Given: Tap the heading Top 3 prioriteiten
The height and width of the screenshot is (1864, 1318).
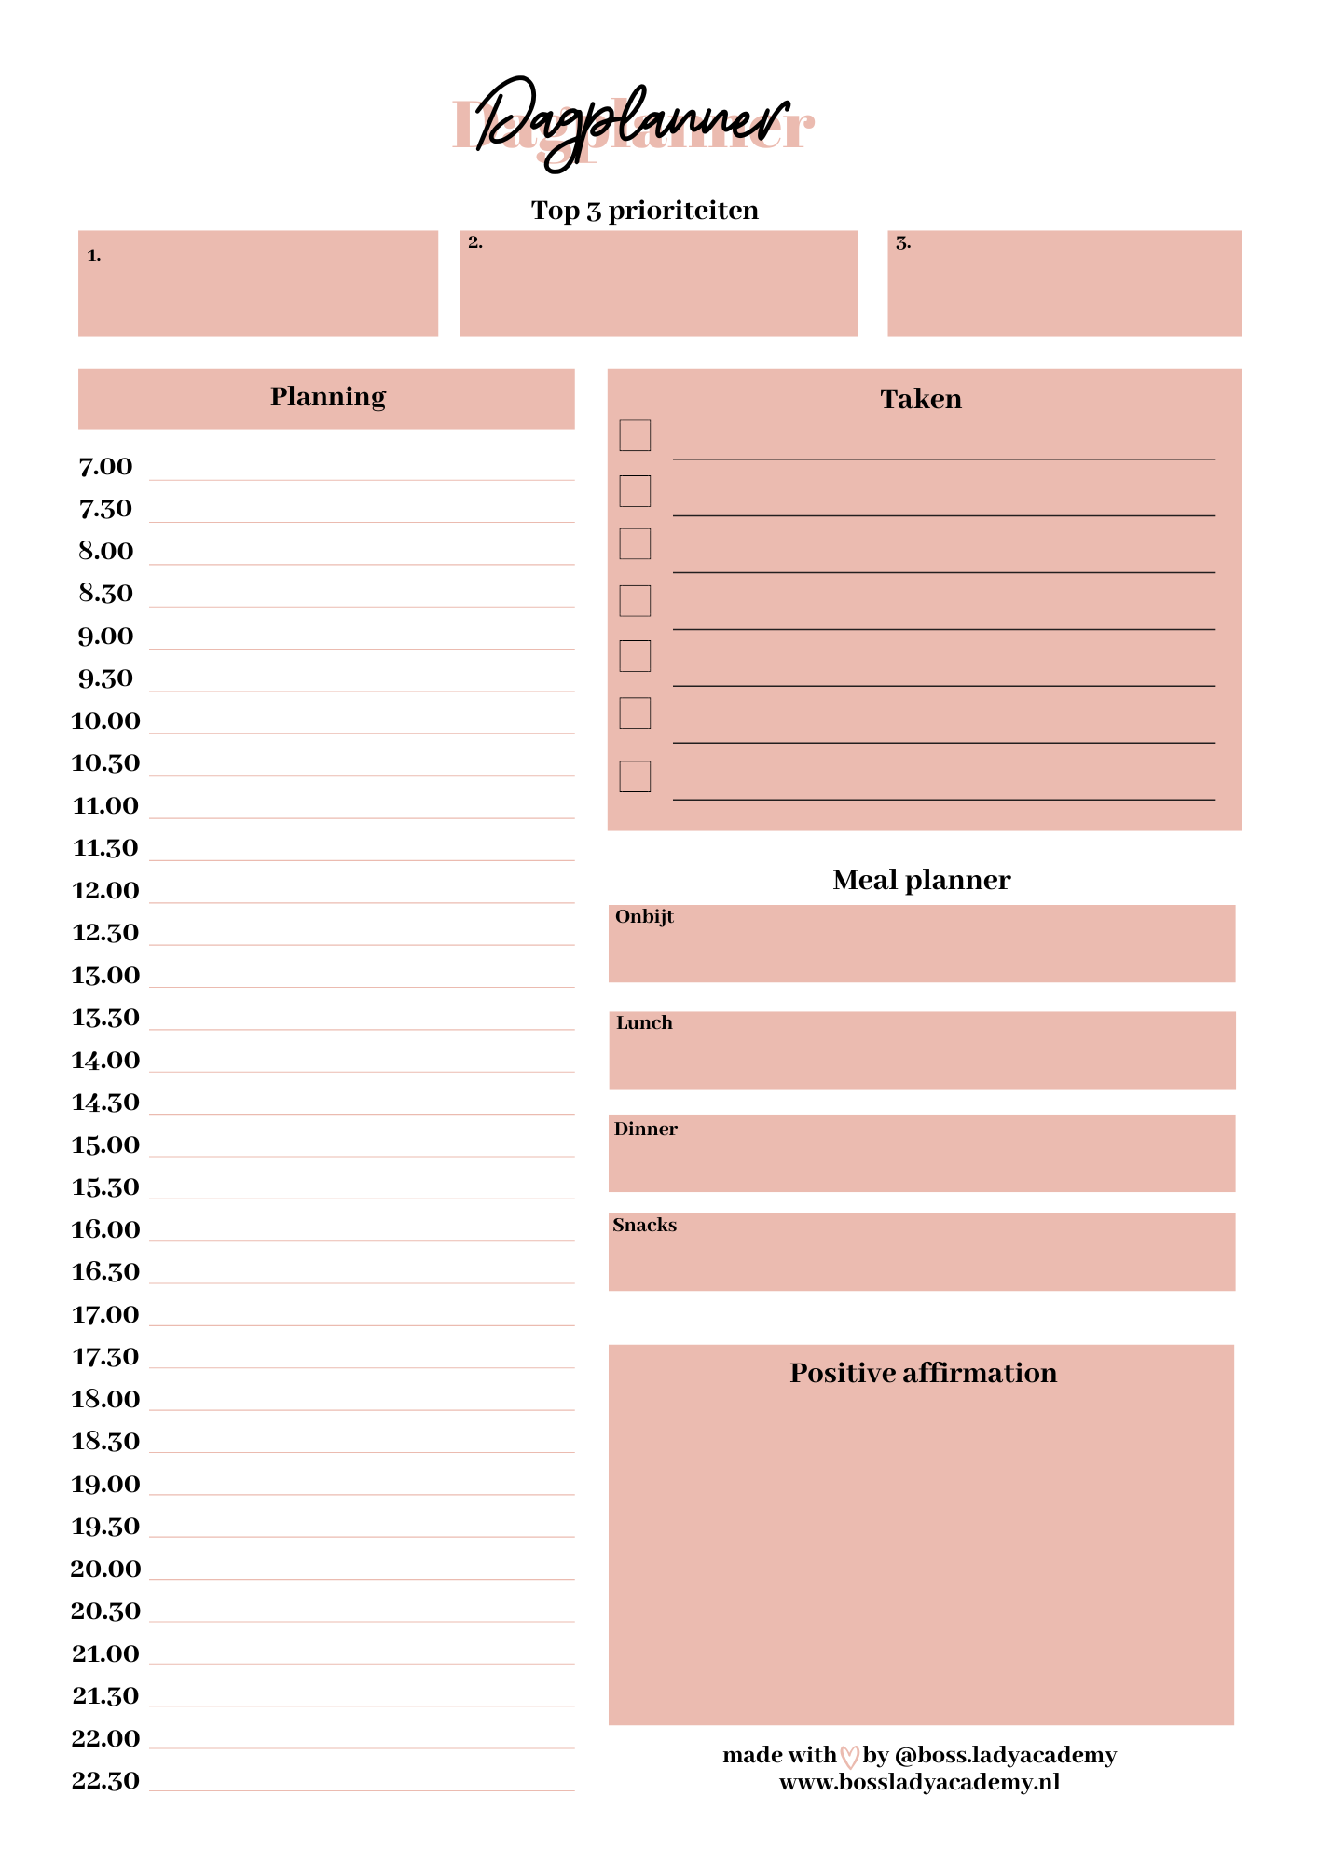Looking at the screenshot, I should tap(644, 211).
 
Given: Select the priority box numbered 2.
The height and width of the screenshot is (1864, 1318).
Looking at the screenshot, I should tap(658, 283).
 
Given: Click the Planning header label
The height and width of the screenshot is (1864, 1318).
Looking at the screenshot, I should tap(327, 397).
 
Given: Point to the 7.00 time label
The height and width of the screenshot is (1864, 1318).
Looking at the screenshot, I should tap(105, 467).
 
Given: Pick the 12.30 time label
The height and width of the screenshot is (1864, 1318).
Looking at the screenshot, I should tap(105, 933).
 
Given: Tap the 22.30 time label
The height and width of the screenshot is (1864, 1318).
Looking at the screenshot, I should tap(105, 1781).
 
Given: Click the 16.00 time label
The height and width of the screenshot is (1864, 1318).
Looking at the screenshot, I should tap(105, 1230).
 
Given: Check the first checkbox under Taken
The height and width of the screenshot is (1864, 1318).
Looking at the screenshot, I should tap(635, 435).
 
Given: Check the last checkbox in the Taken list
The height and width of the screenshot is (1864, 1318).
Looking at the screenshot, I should tap(635, 776).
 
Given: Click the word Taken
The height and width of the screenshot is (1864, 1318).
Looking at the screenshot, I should tap(921, 399).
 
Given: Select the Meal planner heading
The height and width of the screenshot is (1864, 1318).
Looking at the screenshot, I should tap(921, 880).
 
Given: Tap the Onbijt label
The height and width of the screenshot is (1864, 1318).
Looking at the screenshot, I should tap(644, 917).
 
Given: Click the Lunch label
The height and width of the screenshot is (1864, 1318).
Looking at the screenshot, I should tap(644, 1023).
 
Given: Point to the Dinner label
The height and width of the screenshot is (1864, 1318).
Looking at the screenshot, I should tap(645, 1130).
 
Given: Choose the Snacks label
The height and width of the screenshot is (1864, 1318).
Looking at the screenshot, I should tap(644, 1226).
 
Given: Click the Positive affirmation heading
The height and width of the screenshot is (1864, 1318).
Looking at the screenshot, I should tap(923, 1373).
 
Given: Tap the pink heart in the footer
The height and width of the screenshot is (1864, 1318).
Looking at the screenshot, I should tap(849, 1757).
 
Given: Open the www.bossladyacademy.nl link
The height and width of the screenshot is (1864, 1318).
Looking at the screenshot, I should tap(919, 1783).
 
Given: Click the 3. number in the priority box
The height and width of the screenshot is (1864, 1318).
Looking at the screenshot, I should tap(902, 243).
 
